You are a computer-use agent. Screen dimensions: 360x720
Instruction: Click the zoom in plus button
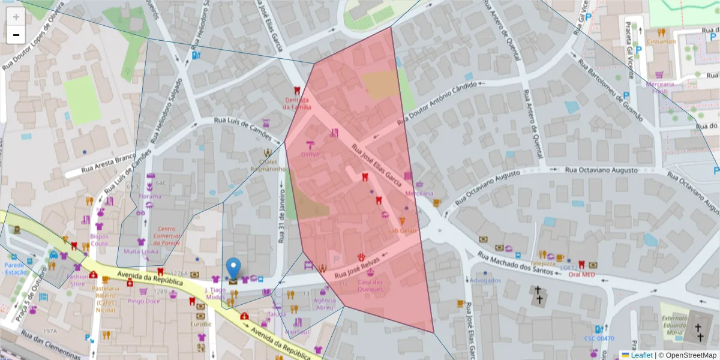(x=16, y=17)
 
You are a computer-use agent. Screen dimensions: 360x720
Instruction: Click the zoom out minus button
(x=16, y=35)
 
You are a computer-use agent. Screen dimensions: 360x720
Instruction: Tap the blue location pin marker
(x=233, y=268)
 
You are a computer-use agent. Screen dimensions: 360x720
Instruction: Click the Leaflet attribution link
(x=641, y=355)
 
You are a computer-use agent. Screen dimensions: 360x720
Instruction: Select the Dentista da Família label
(x=298, y=104)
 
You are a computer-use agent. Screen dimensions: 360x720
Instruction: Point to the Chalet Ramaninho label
(x=268, y=165)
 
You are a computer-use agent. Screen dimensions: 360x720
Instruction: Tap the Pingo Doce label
(x=143, y=301)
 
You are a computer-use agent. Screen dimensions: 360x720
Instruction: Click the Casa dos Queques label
(x=370, y=286)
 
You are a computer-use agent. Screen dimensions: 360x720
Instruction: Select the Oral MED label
(x=581, y=275)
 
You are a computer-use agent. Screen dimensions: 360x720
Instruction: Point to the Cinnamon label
(x=661, y=41)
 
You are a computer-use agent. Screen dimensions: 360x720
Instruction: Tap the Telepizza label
(x=542, y=263)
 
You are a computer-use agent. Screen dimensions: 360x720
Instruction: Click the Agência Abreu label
(x=324, y=304)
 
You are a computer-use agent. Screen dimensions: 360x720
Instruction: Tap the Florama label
(x=150, y=196)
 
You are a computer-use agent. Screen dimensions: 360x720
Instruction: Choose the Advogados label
(x=485, y=280)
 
